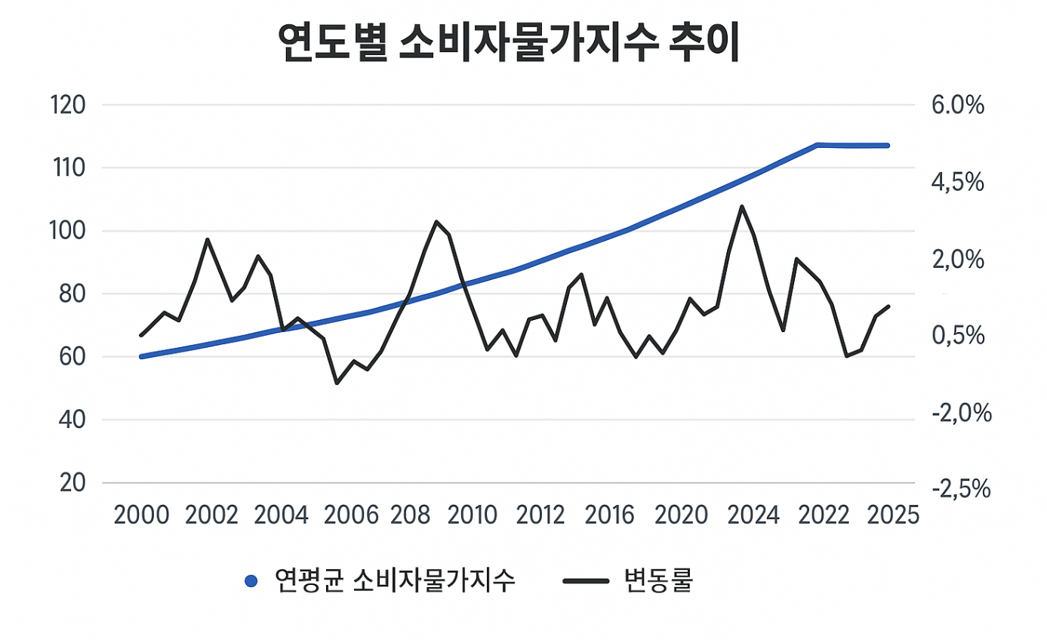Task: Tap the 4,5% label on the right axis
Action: (x=958, y=183)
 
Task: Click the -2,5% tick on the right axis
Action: (x=961, y=490)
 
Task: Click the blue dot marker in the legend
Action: (x=252, y=581)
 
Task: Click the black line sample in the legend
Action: (x=586, y=581)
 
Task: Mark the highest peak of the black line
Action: (x=742, y=206)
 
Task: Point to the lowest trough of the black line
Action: (x=337, y=383)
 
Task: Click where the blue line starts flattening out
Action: (x=818, y=144)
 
